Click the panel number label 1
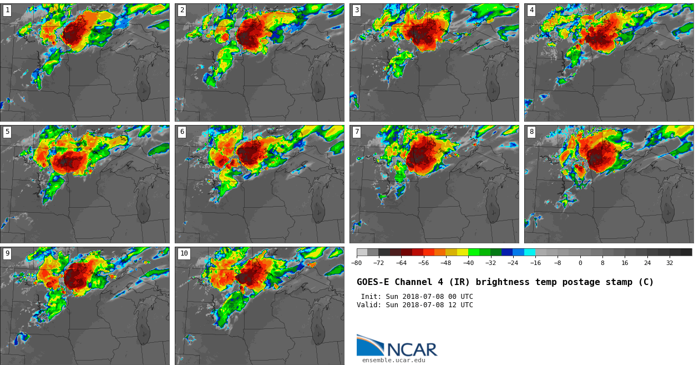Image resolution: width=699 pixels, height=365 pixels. [x=7, y=10]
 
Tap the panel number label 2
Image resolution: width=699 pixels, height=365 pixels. [x=182, y=10]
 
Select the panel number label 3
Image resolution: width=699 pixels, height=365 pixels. [x=357, y=10]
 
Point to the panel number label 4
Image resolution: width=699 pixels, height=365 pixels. [x=531, y=10]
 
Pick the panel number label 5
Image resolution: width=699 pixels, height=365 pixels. [x=7, y=132]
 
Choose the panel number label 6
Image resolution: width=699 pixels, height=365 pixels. [x=182, y=132]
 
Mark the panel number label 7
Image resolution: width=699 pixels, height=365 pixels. [x=357, y=132]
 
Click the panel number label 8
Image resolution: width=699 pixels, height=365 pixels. [x=531, y=132]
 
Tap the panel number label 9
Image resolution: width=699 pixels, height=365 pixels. [x=7, y=253]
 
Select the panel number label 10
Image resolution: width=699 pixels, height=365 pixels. [x=184, y=253]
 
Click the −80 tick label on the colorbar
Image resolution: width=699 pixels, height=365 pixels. [x=356, y=263]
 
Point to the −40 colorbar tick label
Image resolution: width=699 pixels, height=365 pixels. [x=468, y=263]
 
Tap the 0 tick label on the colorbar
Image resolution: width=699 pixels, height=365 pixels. [x=580, y=263]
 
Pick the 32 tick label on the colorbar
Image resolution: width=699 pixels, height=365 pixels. [x=670, y=263]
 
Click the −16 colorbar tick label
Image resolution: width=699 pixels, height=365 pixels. [x=535, y=263]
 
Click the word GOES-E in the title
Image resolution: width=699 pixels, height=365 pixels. [x=373, y=282]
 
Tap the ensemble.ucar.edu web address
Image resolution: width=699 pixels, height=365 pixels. [x=393, y=361]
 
